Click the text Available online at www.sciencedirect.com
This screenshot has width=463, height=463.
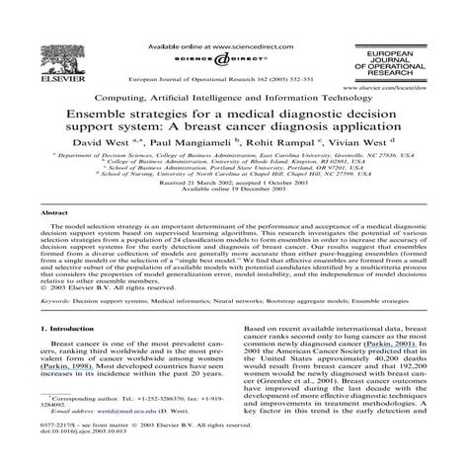[x=208, y=46]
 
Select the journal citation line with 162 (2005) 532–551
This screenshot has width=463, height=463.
[x=230, y=75]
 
